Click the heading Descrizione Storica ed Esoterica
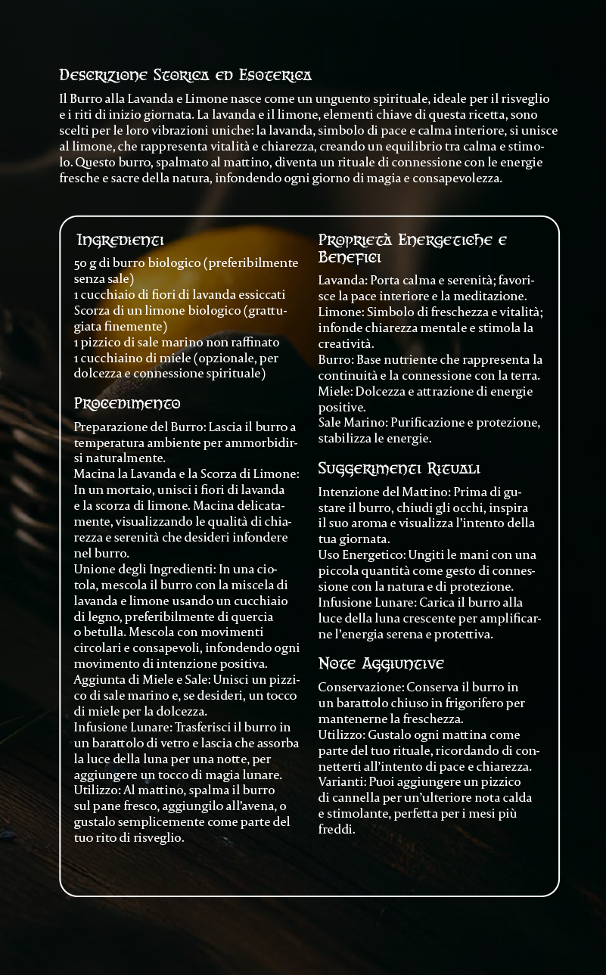(x=185, y=76)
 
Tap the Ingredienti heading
(x=120, y=241)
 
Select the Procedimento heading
(x=127, y=402)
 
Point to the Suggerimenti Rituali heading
(x=399, y=468)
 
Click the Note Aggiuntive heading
(x=381, y=663)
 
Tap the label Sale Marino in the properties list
(x=351, y=423)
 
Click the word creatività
(x=347, y=343)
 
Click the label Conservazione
(x=360, y=687)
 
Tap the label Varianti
(x=341, y=782)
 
